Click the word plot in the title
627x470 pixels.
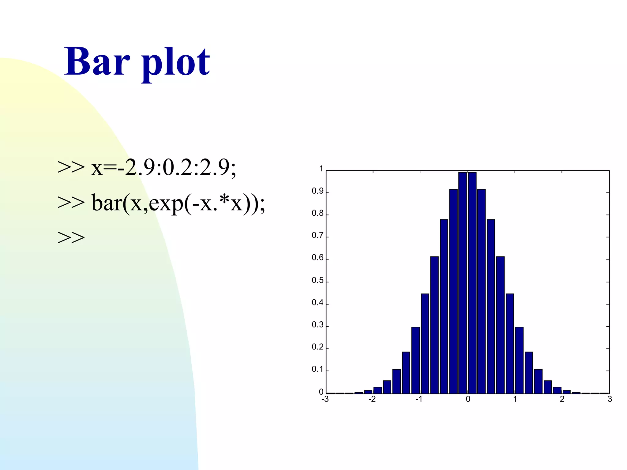point(176,64)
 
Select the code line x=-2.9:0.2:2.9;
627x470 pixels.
point(163,168)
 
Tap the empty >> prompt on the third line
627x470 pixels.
point(71,237)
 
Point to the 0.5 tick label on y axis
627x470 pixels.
point(317,281)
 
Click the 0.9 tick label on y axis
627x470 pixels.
point(317,191)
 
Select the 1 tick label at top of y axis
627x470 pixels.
point(321,169)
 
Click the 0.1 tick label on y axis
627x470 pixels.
point(317,370)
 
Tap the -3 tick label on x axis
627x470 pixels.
point(325,399)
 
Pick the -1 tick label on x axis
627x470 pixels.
point(419,399)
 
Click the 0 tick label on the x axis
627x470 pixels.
point(468,399)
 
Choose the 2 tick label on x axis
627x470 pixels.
point(562,399)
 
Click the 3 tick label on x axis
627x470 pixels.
point(610,399)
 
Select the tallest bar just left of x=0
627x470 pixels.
point(462,282)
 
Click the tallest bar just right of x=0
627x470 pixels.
point(472,282)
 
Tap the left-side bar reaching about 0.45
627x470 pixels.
point(425,343)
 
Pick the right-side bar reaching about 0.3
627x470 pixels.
point(519,361)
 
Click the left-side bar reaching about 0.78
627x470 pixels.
point(444,306)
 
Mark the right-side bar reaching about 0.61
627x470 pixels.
point(500,324)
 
